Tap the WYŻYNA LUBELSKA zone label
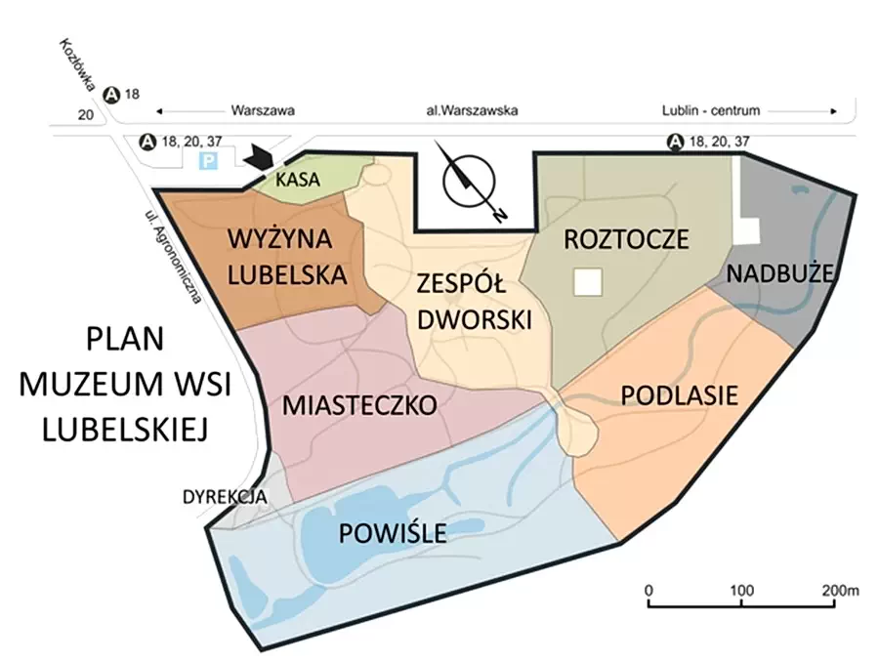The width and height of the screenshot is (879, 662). coord(287,256)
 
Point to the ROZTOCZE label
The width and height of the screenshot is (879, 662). coord(626,239)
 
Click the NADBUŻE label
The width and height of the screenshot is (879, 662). coord(780,273)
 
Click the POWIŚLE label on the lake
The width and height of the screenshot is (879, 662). coord(393,533)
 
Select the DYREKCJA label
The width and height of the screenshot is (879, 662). coord(225,497)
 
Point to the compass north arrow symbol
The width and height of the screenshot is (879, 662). coord(471,181)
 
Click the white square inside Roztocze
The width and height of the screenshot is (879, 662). coord(588,282)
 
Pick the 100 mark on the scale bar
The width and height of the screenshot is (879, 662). coord(743,591)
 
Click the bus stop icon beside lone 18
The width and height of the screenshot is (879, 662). coord(112,95)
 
